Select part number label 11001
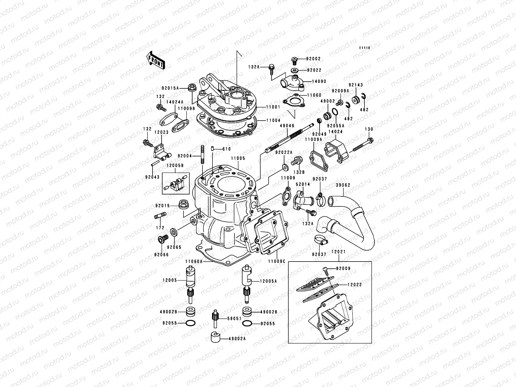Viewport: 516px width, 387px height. [273, 107]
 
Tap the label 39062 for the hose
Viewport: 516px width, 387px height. [343, 185]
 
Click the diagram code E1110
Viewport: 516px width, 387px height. [365, 48]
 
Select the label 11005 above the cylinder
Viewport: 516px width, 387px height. [238, 159]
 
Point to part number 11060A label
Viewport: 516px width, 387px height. [194, 262]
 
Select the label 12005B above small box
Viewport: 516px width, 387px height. [175, 165]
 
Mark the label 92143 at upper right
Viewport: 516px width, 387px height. [356, 85]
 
